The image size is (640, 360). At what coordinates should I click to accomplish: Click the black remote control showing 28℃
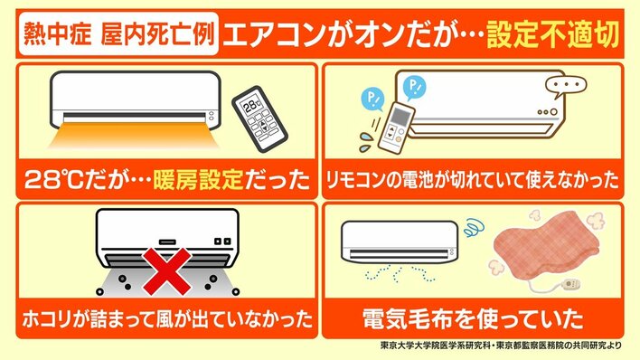(x=259, y=118)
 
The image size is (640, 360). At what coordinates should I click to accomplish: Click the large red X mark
(x=167, y=271)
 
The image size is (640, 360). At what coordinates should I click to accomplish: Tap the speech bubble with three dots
(x=566, y=86)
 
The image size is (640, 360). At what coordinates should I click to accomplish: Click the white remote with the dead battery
(x=396, y=127)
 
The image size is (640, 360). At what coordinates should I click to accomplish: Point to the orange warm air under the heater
(x=133, y=136)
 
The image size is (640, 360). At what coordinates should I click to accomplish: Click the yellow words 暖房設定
(x=198, y=180)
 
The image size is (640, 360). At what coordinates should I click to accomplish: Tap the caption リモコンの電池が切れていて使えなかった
(x=472, y=180)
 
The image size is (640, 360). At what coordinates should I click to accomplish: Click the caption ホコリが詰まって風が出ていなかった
(x=167, y=319)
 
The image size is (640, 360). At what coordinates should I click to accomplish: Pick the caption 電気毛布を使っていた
(x=472, y=319)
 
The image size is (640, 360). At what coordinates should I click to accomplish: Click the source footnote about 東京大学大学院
(x=501, y=346)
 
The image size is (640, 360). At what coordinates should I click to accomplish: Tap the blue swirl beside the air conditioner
(x=475, y=228)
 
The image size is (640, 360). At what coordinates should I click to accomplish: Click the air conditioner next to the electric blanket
(x=400, y=242)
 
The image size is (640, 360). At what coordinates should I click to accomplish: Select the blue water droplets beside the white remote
(x=366, y=141)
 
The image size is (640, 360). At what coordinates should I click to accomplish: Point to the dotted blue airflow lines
(x=400, y=273)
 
